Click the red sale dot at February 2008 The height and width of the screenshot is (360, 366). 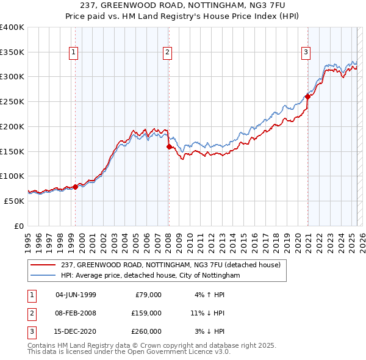(x=169, y=146)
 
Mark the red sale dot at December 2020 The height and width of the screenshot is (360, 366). (x=308, y=96)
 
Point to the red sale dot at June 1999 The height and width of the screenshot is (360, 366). (x=76, y=186)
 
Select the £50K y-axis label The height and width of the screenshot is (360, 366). (x=15, y=200)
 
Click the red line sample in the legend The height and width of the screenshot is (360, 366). (x=44, y=265)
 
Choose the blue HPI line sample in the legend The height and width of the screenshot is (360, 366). (x=44, y=276)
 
